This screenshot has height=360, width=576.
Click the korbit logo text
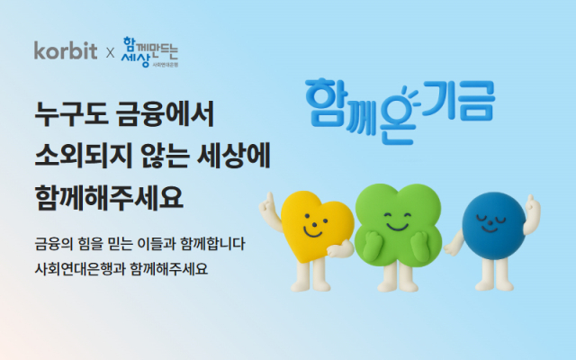click(x=64, y=50)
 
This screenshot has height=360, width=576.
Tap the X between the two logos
click(x=110, y=53)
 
